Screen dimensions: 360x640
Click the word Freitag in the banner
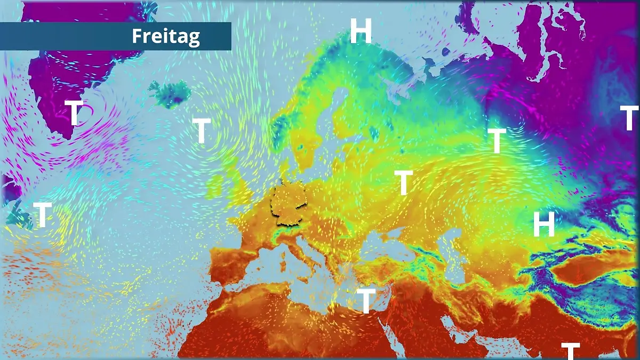tap(165, 36)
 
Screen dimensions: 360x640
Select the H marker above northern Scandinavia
tap(361, 31)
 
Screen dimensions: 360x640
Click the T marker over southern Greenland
tap(74, 113)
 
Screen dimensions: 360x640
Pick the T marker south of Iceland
tap(201, 131)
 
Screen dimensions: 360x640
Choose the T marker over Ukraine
tap(404, 183)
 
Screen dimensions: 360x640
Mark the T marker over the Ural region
tap(497, 141)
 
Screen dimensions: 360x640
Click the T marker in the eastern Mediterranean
tap(365, 301)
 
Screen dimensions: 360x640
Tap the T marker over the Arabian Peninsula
tap(570, 351)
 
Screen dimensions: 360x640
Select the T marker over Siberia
tap(629, 118)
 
